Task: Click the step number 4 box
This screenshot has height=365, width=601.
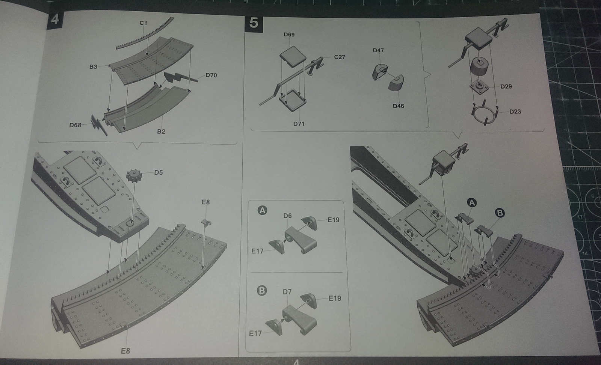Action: click(54, 18)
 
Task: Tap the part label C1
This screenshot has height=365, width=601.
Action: click(143, 23)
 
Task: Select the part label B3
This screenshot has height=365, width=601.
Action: click(93, 67)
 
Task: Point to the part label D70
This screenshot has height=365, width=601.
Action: click(211, 75)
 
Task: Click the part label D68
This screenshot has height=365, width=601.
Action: click(75, 125)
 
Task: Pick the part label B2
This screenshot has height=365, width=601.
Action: click(161, 131)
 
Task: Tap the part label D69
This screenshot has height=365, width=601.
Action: click(289, 35)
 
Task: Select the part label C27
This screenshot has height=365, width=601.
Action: click(339, 57)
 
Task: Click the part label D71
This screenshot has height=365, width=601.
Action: click(299, 124)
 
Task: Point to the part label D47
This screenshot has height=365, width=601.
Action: click(378, 50)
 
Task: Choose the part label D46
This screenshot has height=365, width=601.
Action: click(398, 106)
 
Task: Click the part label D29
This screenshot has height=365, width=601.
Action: click(506, 86)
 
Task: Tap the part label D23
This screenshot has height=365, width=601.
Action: click(515, 112)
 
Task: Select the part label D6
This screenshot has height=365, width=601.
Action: click(287, 216)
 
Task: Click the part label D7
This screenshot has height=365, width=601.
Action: click(287, 292)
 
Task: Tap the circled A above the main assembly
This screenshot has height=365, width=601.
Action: click(472, 203)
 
